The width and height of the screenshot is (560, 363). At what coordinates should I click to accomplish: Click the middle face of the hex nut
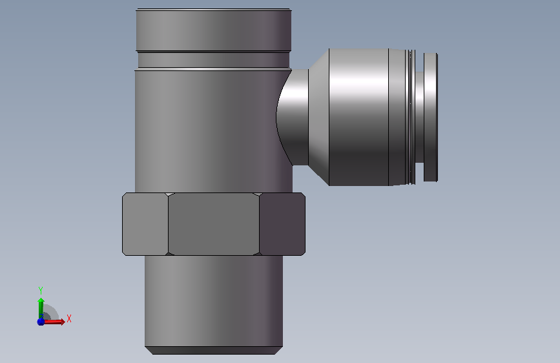pyautogui.click(x=214, y=224)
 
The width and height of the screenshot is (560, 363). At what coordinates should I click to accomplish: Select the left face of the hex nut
pyautogui.click(x=145, y=224)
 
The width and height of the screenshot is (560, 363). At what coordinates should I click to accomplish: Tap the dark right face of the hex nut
pyautogui.click(x=282, y=224)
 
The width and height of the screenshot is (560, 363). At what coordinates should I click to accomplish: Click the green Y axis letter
pyautogui.click(x=41, y=290)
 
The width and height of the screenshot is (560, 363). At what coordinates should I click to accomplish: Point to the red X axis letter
pyautogui.click(x=69, y=318)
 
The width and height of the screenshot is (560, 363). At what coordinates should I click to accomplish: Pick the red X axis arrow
pyautogui.click(x=54, y=322)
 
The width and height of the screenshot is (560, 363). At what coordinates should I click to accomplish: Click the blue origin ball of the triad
pyautogui.click(x=41, y=322)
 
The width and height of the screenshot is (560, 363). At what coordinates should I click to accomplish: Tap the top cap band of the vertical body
pyautogui.click(x=214, y=30)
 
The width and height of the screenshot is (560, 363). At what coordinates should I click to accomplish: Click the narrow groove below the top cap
pyautogui.click(x=214, y=59)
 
